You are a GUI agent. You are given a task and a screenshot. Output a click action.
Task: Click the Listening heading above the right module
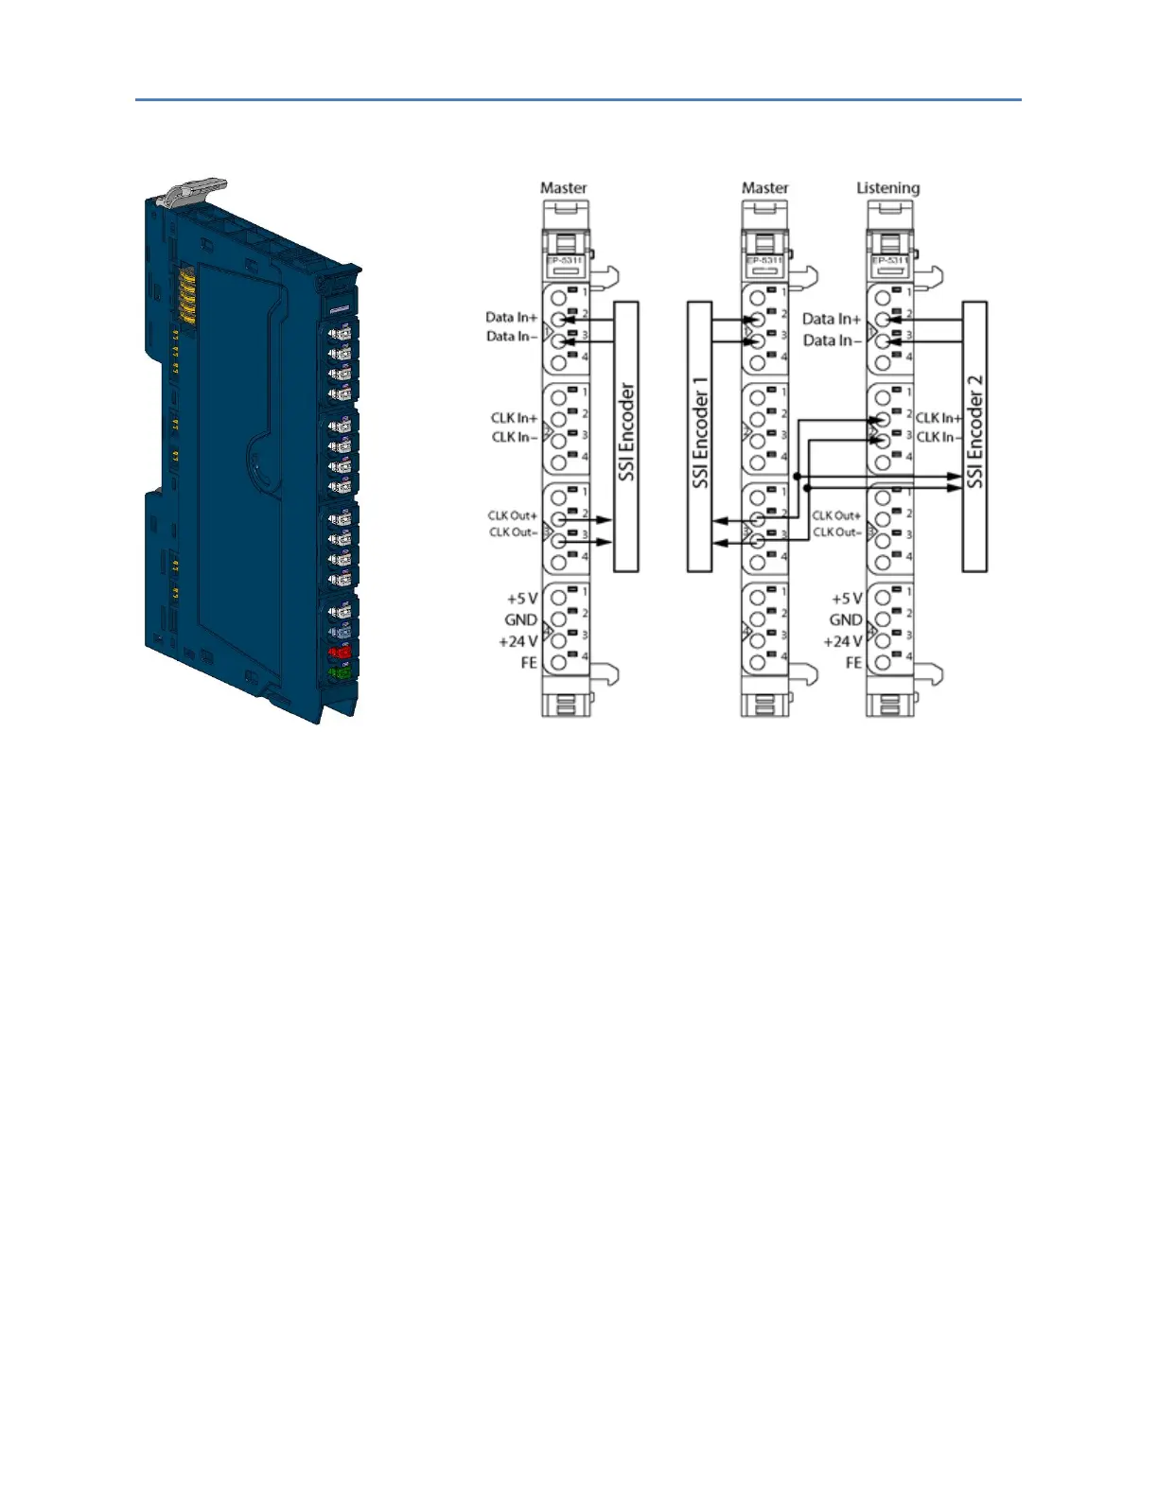(x=887, y=188)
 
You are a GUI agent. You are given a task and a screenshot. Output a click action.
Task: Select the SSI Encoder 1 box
(x=699, y=436)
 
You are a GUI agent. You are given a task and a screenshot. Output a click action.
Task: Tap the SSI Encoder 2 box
(x=974, y=436)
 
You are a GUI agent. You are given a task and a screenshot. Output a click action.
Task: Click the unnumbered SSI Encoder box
(x=626, y=436)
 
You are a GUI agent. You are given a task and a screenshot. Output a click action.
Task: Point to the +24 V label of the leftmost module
(x=518, y=641)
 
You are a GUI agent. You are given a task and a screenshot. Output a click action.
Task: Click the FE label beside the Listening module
(x=853, y=663)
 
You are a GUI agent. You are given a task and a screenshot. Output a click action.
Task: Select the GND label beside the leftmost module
(x=520, y=620)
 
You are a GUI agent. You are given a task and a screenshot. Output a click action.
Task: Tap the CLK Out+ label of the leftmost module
(x=513, y=515)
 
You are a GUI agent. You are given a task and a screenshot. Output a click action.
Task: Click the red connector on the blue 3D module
(x=339, y=652)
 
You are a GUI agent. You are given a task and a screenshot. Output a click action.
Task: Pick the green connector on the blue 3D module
(x=338, y=672)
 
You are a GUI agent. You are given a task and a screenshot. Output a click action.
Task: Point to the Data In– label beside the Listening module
(x=832, y=340)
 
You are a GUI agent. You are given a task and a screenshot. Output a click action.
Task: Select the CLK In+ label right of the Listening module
(x=938, y=418)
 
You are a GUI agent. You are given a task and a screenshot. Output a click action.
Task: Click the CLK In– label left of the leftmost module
(x=514, y=437)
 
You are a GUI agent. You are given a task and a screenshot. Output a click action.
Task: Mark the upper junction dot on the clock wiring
(x=798, y=476)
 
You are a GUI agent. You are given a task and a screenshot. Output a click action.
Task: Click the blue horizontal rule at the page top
(x=578, y=99)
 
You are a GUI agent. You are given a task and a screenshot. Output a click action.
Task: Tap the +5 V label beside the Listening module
(x=847, y=599)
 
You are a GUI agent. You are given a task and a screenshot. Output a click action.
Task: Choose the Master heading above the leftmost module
(x=563, y=188)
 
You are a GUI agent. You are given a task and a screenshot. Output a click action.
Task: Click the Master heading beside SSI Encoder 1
(x=764, y=188)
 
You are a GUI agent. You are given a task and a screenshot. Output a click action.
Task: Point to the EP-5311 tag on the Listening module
(x=889, y=260)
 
